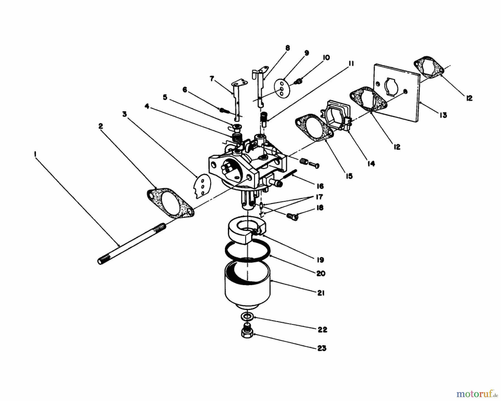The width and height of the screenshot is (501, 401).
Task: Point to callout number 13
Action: point(443,115)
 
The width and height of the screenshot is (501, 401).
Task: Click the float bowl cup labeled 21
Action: point(247,288)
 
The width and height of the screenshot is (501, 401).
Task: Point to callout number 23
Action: point(322,348)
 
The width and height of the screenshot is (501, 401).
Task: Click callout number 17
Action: point(319,197)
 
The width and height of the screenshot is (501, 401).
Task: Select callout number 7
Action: point(212,79)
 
